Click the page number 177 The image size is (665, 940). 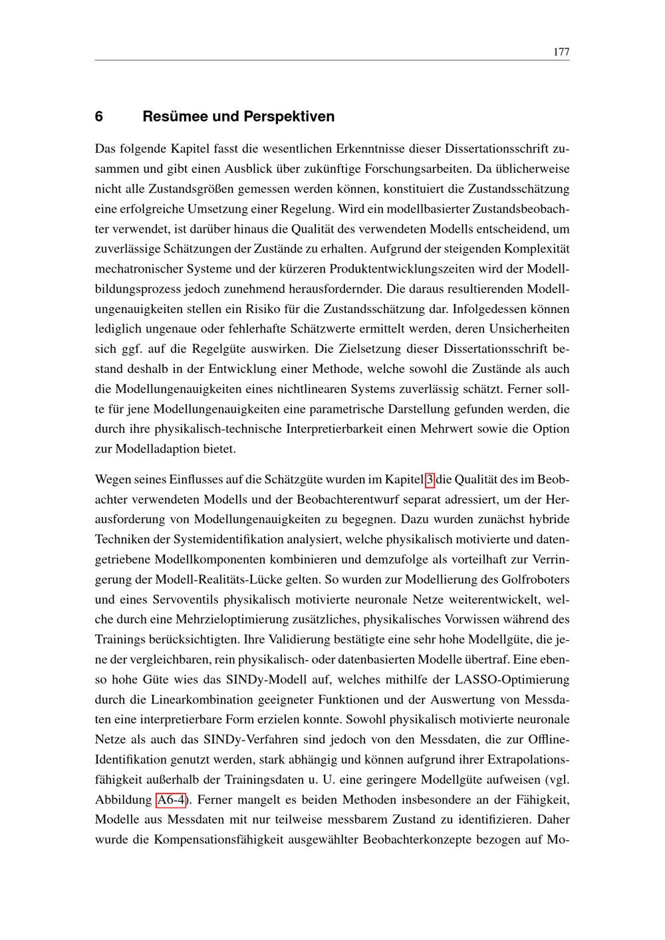point(561,53)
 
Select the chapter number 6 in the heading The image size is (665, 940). point(99,117)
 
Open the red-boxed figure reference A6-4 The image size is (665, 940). point(170,799)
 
